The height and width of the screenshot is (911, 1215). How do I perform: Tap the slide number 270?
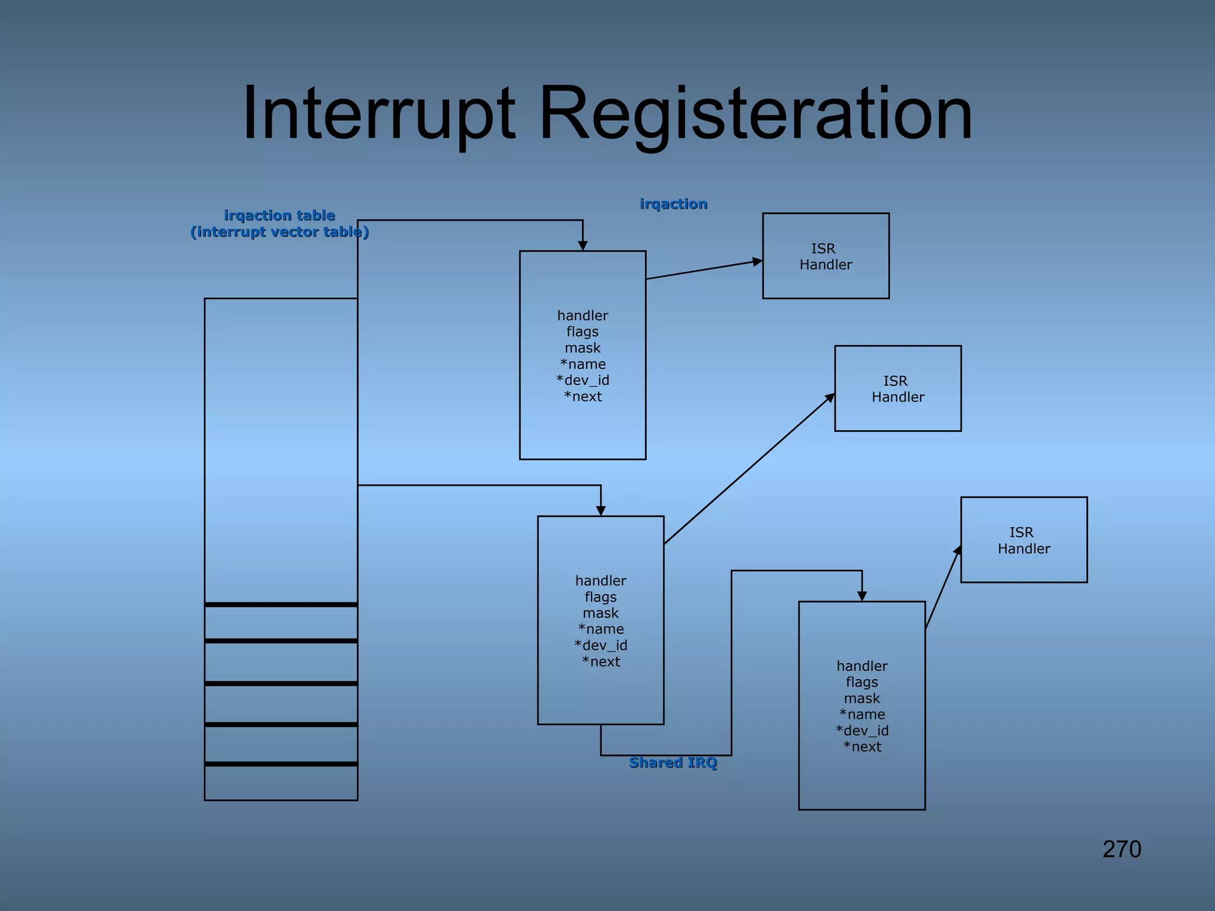1121,849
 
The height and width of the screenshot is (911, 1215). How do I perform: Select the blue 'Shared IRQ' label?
673,762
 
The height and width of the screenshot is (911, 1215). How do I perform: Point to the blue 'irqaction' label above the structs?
673,204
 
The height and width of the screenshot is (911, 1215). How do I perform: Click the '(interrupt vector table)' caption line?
279,232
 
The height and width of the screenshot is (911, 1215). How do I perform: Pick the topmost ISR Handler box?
825,256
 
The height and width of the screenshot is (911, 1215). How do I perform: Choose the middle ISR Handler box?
898,388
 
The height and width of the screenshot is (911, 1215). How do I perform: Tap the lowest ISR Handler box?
1023,540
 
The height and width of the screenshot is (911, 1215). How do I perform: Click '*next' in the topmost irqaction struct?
583,397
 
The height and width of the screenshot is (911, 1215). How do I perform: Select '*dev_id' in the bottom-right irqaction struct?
862,731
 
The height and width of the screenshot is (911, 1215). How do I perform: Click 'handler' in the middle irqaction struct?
600,581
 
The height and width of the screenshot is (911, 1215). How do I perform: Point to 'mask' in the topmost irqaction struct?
583,348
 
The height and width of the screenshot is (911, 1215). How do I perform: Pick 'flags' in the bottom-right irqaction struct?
862,682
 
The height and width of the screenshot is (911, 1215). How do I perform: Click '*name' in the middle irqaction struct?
600,629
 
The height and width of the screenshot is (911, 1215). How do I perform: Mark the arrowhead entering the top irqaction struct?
583,246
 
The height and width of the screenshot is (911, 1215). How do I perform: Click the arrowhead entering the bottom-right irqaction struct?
862,596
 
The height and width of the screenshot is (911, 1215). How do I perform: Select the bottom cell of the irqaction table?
281,782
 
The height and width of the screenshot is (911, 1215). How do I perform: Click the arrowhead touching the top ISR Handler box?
757,262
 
